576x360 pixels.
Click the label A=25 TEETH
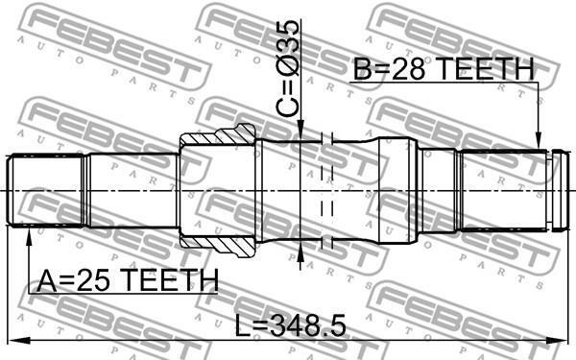point(128,281)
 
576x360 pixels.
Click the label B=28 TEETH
point(444,69)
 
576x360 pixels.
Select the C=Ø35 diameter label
point(287,69)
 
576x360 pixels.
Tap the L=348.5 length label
point(290,325)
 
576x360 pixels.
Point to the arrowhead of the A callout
point(29,233)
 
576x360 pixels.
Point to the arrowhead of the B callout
point(539,142)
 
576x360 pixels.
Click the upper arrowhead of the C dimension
point(300,133)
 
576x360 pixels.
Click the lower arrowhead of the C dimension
point(300,249)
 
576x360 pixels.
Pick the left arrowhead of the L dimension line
point(14,340)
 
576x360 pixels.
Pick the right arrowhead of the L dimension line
point(560,340)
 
